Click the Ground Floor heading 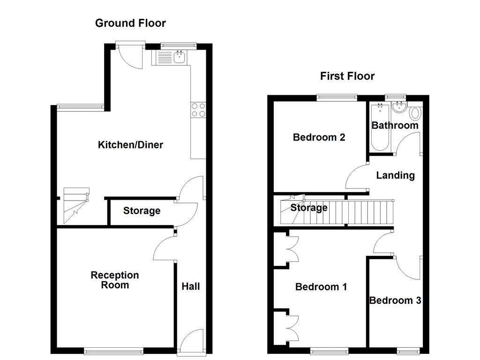[130, 23]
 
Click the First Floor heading [347, 76]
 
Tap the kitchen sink [179, 58]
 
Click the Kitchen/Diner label [130, 145]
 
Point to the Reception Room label [115, 280]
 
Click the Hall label [191, 286]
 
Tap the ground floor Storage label [142, 211]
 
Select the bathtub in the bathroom [379, 127]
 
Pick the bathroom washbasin [399, 107]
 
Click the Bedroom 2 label [319, 137]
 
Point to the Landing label [396, 175]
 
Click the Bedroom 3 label [395, 300]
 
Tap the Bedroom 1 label [321, 286]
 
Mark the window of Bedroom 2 [336, 97]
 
